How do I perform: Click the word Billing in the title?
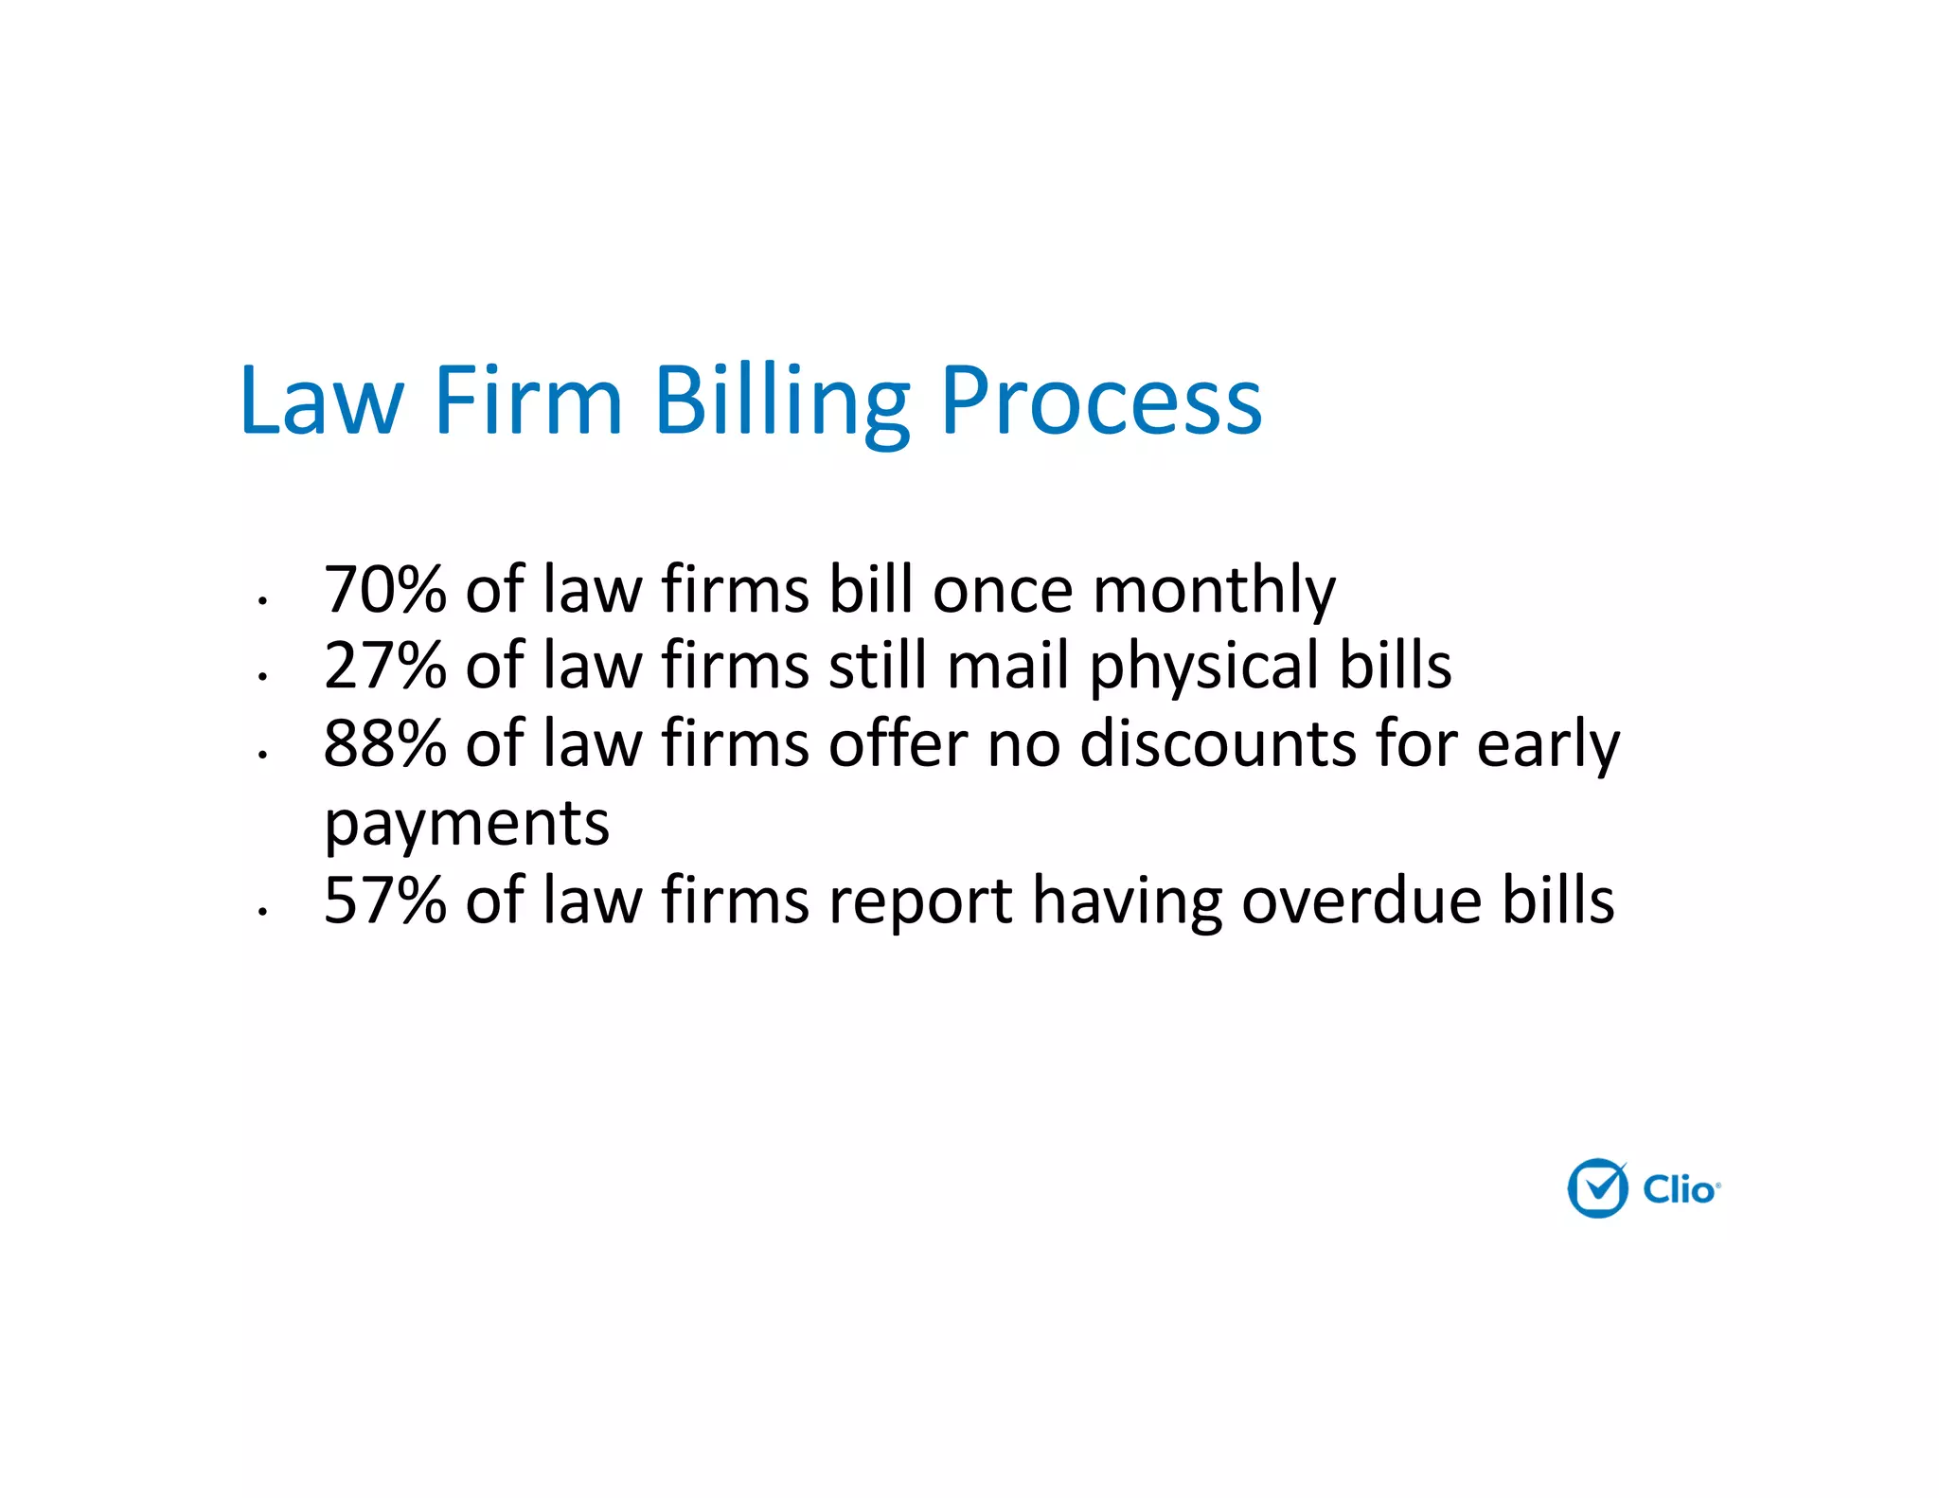coord(781,401)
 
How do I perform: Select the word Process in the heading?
coord(1101,403)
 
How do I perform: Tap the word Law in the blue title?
coord(322,401)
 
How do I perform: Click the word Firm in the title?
coord(527,401)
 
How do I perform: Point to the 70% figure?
coord(384,589)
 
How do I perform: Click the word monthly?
coord(1214,591)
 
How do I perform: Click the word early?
coord(1548,745)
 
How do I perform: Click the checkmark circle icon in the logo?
coord(1597,1188)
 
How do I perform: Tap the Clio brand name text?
coord(1679,1189)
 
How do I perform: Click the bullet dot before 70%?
coord(262,600)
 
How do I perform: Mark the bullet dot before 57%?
coord(262,911)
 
